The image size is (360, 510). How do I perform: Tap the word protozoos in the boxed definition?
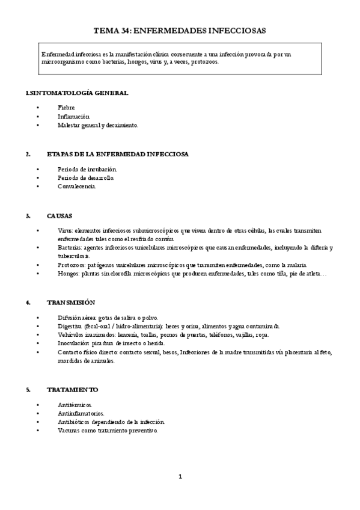(x=205, y=61)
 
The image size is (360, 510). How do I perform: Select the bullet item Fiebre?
(x=67, y=106)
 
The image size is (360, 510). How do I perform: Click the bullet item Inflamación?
(x=74, y=116)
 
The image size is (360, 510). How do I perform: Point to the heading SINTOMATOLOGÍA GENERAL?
(x=78, y=93)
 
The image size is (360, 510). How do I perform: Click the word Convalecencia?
(x=76, y=186)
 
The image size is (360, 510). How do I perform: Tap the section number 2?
(x=28, y=154)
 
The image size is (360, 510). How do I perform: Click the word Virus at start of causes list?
(x=65, y=230)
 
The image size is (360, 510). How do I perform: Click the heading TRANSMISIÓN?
(x=70, y=302)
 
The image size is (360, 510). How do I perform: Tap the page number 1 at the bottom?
(x=180, y=477)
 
